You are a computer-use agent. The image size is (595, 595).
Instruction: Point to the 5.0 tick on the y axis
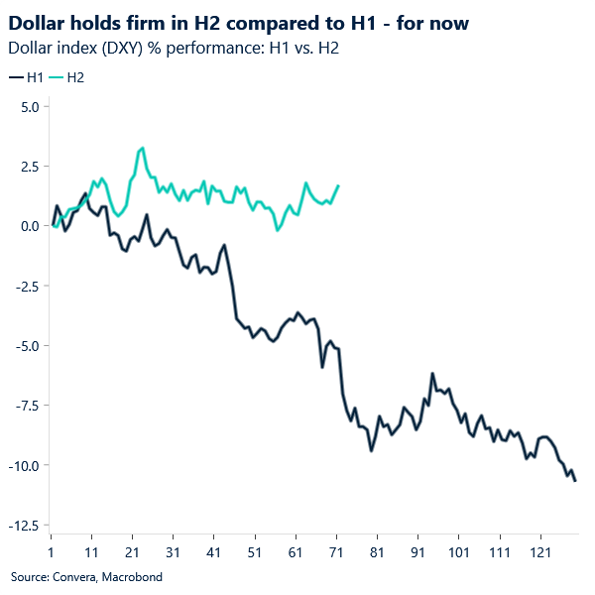(29, 106)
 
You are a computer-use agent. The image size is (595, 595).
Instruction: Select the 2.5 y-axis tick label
(29, 167)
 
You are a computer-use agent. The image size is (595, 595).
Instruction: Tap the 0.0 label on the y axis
(29, 226)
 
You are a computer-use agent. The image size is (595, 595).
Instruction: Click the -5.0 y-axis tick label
(26, 346)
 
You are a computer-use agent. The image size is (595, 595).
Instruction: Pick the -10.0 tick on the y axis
(24, 466)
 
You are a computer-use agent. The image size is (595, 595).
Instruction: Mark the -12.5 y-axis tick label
(24, 526)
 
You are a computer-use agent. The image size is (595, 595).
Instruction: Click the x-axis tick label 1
(51, 550)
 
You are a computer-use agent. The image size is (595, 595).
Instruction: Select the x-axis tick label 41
(213, 550)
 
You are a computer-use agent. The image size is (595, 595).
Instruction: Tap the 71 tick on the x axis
(336, 550)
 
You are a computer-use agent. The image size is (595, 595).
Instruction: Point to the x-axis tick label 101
(458, 550)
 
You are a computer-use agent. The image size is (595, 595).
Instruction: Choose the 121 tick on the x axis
(539, 550)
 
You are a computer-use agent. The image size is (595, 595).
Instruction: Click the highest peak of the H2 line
(143, 148)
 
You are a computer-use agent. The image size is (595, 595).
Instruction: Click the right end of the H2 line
(338, 185)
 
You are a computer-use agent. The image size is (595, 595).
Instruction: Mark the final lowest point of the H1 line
(575, 481)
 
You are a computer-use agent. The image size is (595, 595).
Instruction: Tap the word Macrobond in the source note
(131, 576)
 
